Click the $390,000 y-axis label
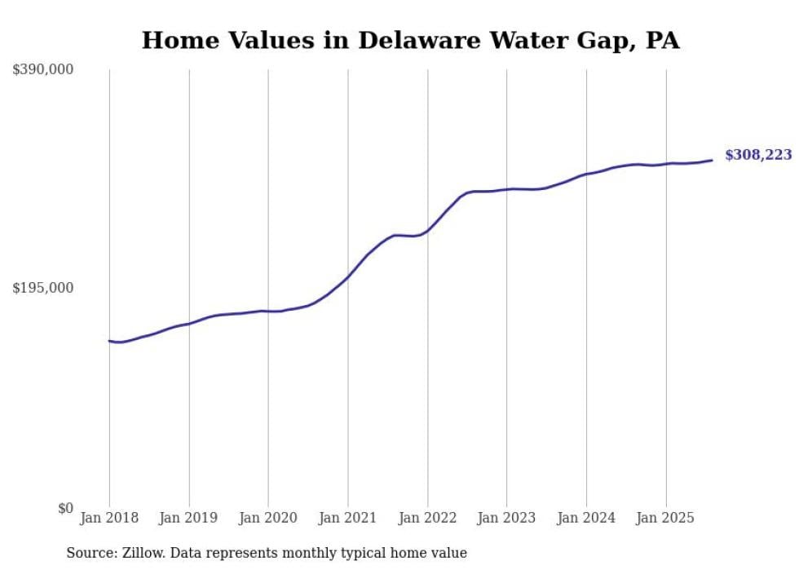[x=42, y=70]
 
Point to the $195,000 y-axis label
[x=42, y=288]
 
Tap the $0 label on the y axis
[x=65, y=508]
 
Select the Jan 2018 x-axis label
[x=109, y=518]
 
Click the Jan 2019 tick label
[x=189, y=518]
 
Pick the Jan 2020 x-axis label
[x=268, y=518]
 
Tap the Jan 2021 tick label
[x=348, y=518]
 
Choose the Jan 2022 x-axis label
[x=427, y=518]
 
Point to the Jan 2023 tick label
[x=507, y=518]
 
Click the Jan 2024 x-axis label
[x=586, y=518]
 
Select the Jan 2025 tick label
[x=666, y=518]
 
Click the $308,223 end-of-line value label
[x=757, y=155]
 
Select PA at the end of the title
[x=662, y=41]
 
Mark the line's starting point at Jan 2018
[x=109, y=341]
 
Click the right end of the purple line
[x=712, y=160]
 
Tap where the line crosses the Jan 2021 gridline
[x=348, y=276]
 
